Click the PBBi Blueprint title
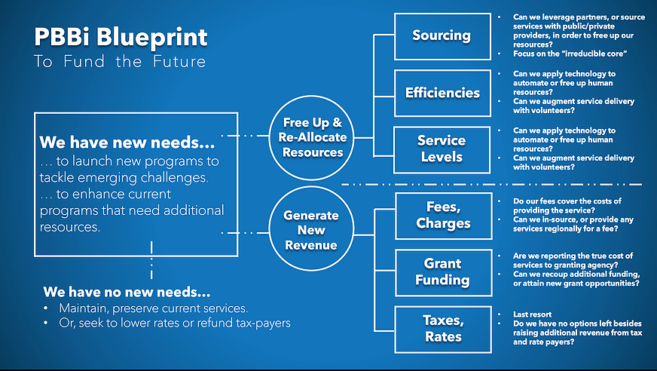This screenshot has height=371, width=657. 121,38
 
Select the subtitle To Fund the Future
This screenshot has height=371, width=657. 120,62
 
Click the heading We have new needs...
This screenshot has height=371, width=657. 127,143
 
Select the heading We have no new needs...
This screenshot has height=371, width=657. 127,292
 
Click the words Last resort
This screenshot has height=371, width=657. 532,314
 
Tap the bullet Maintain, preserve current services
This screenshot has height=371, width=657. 154,308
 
